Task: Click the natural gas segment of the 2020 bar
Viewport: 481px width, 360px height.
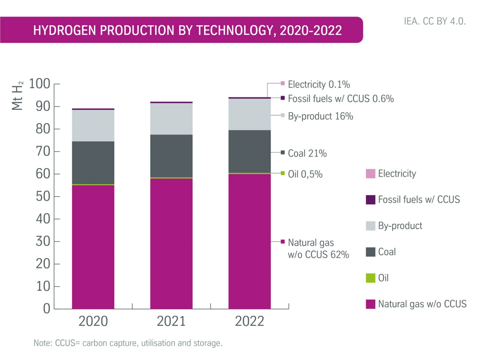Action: [93, 246]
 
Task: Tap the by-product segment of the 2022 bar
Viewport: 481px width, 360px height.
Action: [250, 114]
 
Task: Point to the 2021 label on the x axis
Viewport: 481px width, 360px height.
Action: [171, 321]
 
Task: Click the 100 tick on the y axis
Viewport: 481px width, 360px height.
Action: [39, 84]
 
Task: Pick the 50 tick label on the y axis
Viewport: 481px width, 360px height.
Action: [43, 197]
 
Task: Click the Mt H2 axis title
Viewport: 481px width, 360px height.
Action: [17, 96]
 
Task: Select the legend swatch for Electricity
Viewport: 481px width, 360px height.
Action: [370, 174]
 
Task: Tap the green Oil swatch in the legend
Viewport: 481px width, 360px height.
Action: [370, 278]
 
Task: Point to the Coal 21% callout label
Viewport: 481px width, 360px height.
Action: [307, 153]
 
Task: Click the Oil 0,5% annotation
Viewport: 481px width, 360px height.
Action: [305, 174]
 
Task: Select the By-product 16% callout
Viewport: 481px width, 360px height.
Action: [320, 116]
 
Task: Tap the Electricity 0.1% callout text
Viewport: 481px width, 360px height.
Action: [319, 84]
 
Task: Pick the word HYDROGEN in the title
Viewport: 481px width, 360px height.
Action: [64, 30]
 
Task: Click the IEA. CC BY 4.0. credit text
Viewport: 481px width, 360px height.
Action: [434, 21]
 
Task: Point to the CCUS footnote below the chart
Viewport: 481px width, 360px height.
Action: [128, 343]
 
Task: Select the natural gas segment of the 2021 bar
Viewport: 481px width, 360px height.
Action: [171, 243]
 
